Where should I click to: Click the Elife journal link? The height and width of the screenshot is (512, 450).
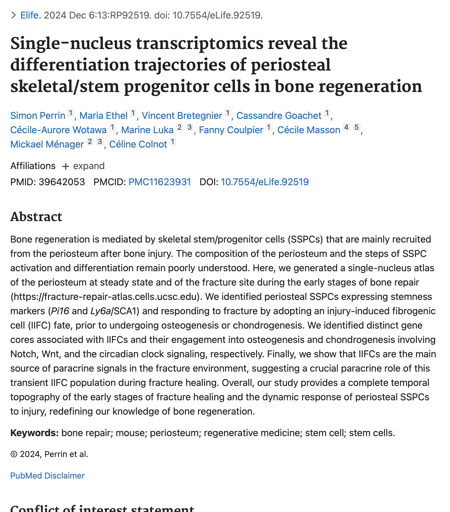pos(30,15)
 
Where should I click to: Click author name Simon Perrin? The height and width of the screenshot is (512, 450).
pos(38,116)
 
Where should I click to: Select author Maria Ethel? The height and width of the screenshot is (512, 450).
pos(103,116)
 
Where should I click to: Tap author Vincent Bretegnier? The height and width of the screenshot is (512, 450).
pos(182,116)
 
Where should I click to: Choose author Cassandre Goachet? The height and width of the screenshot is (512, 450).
pos(279,116)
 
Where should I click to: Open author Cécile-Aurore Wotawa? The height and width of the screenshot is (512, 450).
pos(58,130)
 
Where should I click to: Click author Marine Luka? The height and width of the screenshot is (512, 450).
pos(147,130)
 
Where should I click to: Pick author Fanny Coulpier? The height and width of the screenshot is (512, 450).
pos(231,130)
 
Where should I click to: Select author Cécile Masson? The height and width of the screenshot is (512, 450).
pos(309,130)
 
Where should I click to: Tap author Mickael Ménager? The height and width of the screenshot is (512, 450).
pos(47,144)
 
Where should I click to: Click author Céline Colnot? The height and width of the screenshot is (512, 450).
pos(138,144)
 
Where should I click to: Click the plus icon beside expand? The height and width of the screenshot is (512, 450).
pos(65,166)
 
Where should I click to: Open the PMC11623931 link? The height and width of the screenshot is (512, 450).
pos(160,182)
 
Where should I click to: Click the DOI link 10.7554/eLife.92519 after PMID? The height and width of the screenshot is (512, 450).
pos(264,182)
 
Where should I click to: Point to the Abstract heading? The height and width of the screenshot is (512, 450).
pos(36,217)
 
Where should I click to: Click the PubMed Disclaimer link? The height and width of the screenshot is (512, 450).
pos(47,476)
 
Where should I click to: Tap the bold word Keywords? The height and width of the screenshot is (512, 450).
pos(34,433)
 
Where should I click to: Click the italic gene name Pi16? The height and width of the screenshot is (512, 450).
pos(60,311)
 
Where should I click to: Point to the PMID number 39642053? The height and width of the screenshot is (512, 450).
pos(62,182)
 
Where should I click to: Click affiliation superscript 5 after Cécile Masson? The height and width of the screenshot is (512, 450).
pos(356,128)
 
